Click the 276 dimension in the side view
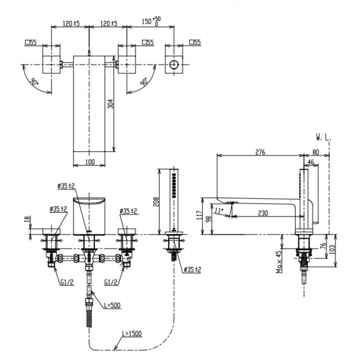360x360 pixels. pyautogui.click(x=260, y=152)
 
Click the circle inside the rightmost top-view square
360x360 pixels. pyautogui.click(x=173, y=65)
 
